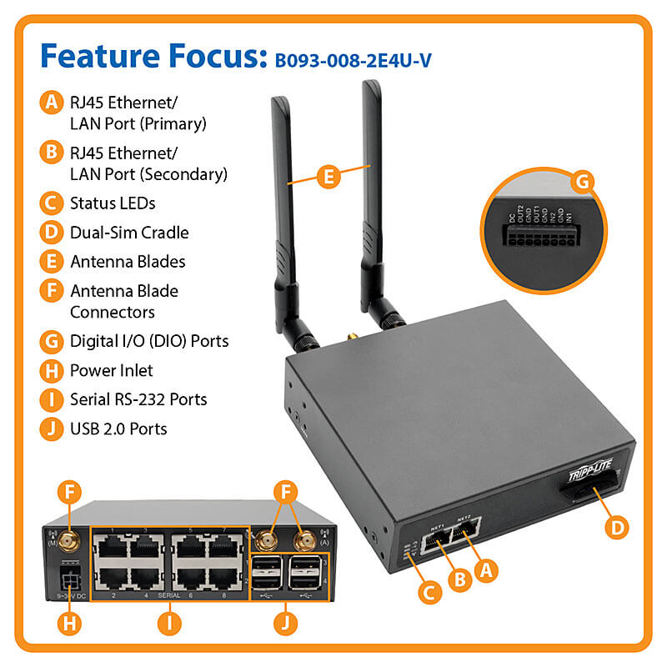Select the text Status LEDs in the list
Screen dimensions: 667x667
point(113,203)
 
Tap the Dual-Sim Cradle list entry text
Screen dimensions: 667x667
point(129,232)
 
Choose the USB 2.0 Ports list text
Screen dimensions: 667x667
point(118,429)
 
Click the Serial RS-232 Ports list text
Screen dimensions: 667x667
point(138,399)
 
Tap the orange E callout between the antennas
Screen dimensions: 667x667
point(329,176)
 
